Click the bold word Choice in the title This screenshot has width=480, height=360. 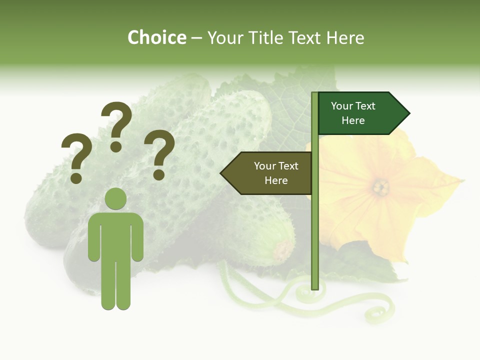pyautogui.click(x=156, y=37)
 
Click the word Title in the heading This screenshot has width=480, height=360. pyautogui.click(x=267, y=37)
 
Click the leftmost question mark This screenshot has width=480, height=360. pyautogui.click(x=76, y=158)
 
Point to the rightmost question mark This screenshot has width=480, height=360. pyautogui.click(x=159, y=154)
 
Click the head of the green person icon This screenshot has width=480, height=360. pyautogui.click(x=115, y=199)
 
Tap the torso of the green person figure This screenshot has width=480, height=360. pyautogui.click(x=115, y=235)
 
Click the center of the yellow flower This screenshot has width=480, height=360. pyautogui.click(x=381, y=187)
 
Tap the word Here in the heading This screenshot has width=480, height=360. pyautogui.click(x=345, y=37)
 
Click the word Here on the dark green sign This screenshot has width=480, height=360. pyautogui.click(x=353, y=120)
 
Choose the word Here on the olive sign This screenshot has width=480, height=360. pyautogui.click(x=276, y=180)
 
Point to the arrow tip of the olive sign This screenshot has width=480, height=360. pyautogui.click(x=223, y=173)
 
